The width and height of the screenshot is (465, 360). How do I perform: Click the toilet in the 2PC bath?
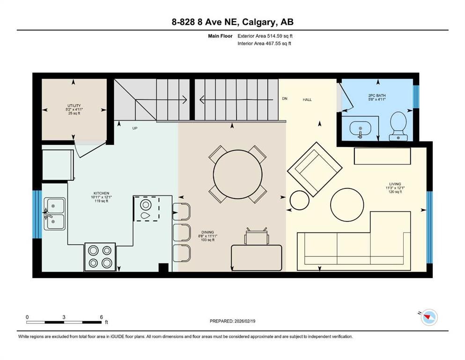coord(399,124)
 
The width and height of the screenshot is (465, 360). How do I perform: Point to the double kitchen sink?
coord(55,214)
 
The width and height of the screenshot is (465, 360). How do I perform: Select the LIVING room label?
coord(395,184)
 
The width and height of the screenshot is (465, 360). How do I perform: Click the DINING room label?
coord(207,232)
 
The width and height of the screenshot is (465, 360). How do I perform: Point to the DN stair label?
coord(284,99)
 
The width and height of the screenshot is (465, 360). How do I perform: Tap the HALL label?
coord(307,100)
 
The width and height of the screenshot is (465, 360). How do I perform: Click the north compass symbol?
coord(428,317)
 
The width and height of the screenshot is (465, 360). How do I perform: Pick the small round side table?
coord(300,201)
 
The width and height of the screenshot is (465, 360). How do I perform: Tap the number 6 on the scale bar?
coord(101,316)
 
